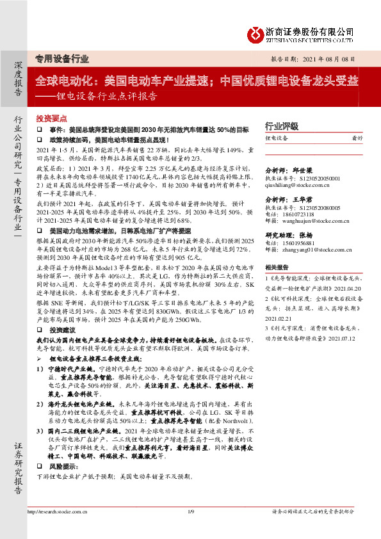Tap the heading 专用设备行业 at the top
click(x=61, y=59)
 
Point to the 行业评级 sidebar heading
click(x=282, y=126)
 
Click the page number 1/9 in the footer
click(x=190, y=529)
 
